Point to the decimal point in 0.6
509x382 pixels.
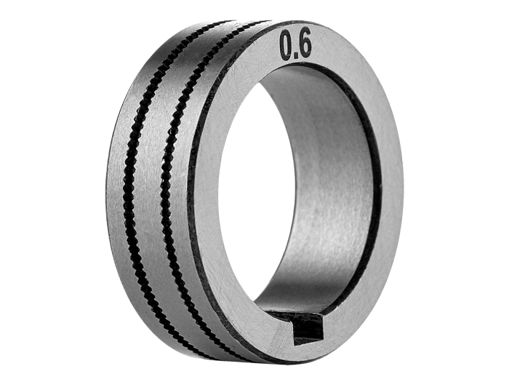pos(296,54)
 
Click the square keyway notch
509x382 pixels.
pos(306,328)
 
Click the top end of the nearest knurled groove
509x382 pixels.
pos(240,29)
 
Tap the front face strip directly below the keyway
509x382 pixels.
pos(305,349)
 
